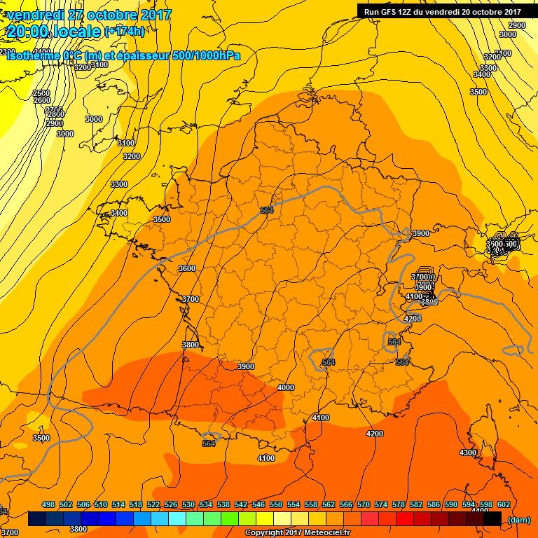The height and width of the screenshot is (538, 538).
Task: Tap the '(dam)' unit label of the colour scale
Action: (x=518, y=519)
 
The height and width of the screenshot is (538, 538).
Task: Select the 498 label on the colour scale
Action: (x=48, y=505)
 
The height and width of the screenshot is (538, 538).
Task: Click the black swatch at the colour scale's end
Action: (x=492, y=519)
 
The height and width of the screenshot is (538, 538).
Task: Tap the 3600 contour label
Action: (x=187, y=268)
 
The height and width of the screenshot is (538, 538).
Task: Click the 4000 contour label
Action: (x=285, y=387)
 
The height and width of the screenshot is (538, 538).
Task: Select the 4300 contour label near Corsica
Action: (x=467, y=453)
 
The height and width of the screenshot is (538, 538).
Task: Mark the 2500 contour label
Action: (x=41, y=93)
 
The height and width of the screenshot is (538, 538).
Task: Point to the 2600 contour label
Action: (x=41, y=100)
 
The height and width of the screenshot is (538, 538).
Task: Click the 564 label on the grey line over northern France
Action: (x=266, y=210)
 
